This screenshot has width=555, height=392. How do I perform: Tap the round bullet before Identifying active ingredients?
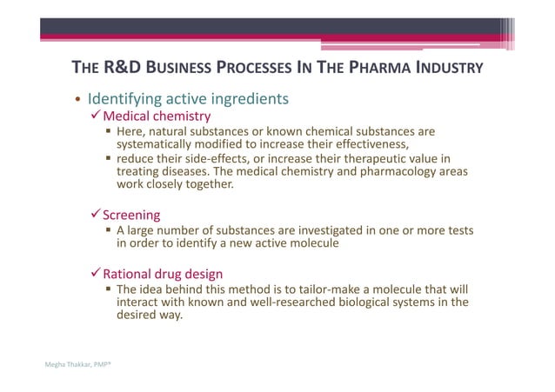[x=77, y=99]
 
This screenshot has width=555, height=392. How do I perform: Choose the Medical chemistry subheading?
[x=157, y=116]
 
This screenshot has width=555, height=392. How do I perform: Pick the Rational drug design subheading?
[x=163, y=273]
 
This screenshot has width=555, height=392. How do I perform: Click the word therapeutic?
[x=358, y=158]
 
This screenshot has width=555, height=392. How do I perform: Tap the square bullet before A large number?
[x=108, y=230]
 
